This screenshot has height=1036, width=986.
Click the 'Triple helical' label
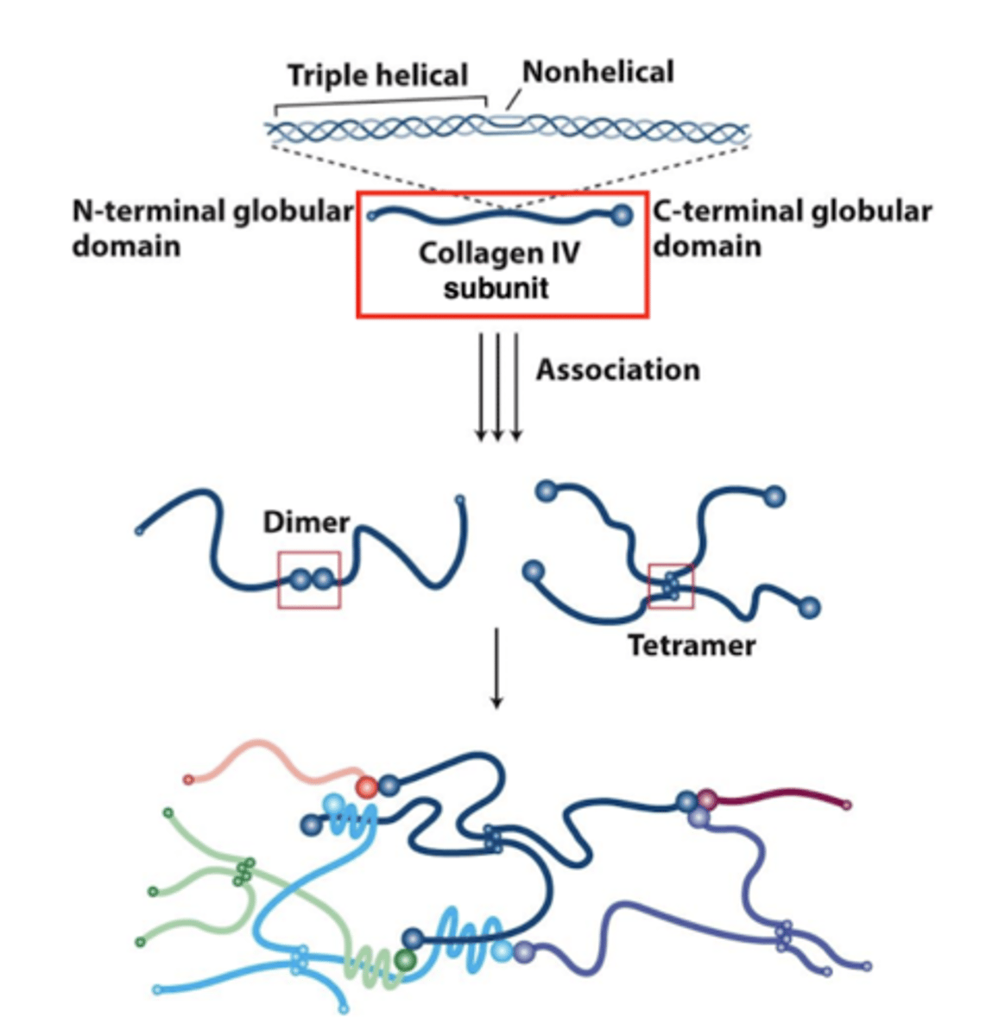(377, 76)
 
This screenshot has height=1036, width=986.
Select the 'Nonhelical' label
(597, 73)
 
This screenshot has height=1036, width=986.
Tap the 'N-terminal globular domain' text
(212, 229)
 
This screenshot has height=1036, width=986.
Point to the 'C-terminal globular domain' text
(791, 229)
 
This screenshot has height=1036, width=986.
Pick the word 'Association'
(617, 370)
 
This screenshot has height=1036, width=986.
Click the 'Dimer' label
(307, 522)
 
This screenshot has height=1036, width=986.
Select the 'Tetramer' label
(691, 645)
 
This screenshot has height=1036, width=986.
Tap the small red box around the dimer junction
(309, 580)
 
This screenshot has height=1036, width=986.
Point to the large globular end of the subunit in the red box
(621, 215)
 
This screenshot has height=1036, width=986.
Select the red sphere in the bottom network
(367, 786)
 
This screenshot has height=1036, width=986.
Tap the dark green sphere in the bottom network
(404, 960)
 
